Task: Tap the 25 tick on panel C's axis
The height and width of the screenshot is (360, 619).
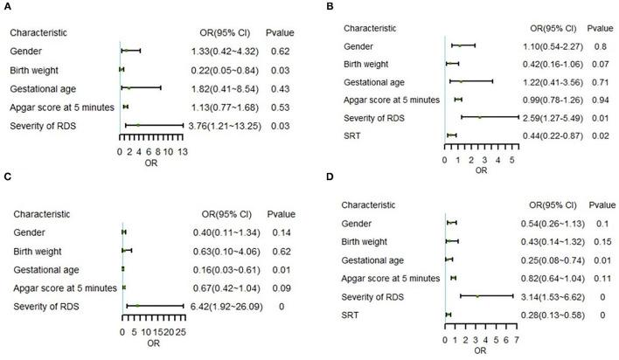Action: [181, 333]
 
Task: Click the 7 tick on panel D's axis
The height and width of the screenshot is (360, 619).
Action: [516, 339]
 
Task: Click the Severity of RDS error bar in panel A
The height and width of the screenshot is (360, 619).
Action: [154, 127]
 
